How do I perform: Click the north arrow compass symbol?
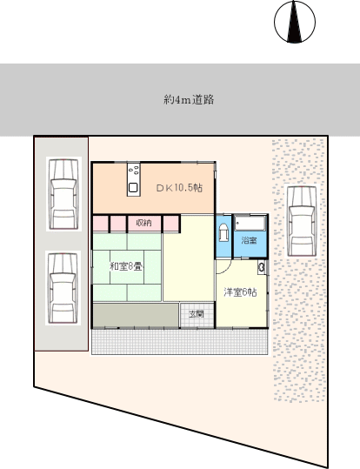tap(295, 22)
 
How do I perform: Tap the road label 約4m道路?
tap(189, 99)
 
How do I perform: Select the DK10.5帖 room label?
tap(179, 188)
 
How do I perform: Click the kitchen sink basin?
tap(133, 188)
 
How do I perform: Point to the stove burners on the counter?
tap(133, 171)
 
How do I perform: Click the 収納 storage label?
tap(143, 223)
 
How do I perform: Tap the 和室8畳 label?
tap(125, 266)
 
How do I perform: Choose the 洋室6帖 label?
tap(240, 292)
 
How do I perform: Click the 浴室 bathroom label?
tap(249, 240)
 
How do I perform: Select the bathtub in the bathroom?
tap(250, 223)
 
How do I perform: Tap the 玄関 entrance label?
tap(197, 314)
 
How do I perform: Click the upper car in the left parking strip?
tap(63, 194)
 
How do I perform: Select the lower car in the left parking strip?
tap(63, 288)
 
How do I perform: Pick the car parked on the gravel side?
tap(302, 221)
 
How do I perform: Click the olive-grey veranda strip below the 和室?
tap(136, 316)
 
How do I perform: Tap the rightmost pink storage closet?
tap(171, 224)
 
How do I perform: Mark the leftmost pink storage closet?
tap(101, 224)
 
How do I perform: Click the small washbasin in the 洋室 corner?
tap(262, 267)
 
